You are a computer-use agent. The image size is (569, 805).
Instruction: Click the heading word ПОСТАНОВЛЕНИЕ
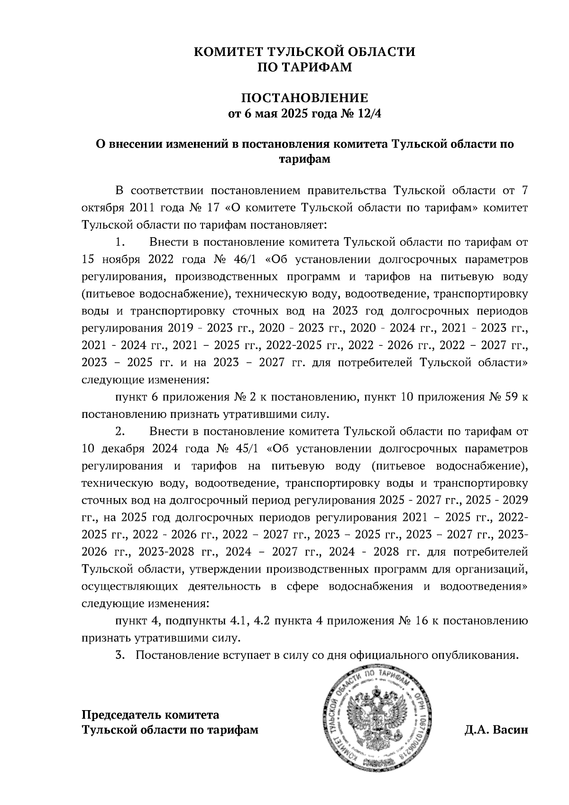coord(305,99)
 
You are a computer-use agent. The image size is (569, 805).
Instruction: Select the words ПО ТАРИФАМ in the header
coord(305,67)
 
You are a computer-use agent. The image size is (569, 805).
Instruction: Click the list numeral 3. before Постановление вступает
coord(120,656)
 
